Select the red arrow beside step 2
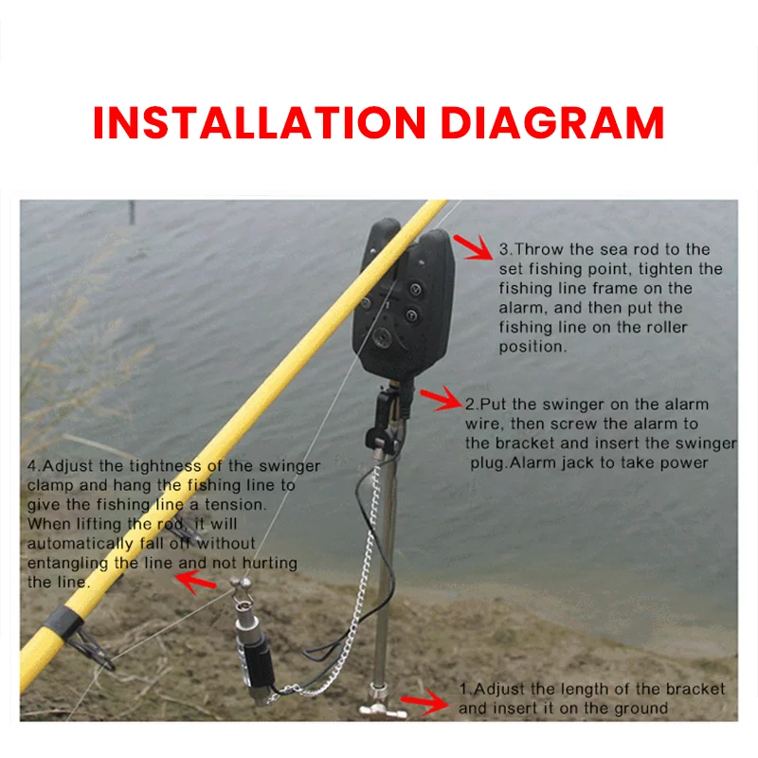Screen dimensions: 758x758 pos(440,399)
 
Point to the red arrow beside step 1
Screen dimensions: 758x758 pos(426,701)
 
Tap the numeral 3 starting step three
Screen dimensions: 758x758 pos(505,249)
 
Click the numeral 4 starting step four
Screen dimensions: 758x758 pos(33,466)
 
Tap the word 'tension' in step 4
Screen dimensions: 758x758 pos(233,504)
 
